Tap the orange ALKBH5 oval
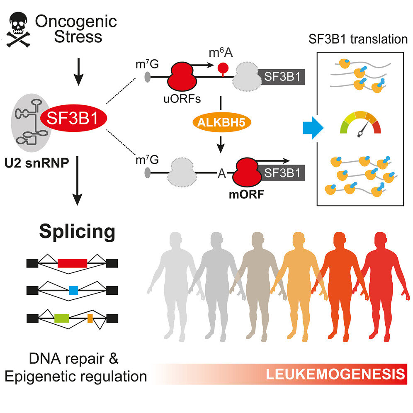coord(221,122)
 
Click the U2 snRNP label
coord(36,163)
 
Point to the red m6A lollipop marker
coord(223,69)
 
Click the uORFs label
coord(182,99)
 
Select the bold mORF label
coord(246,194)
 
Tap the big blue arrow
coord(313,128)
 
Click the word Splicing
coord(77,231)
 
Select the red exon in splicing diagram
coord(73,263)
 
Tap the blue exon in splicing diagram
coord(73,290)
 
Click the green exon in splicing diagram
coord(62,318)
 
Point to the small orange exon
coord(90,318)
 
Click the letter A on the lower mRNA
coord(222,173)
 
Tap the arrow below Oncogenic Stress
coord(78,72)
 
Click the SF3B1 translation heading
coord(358,39)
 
